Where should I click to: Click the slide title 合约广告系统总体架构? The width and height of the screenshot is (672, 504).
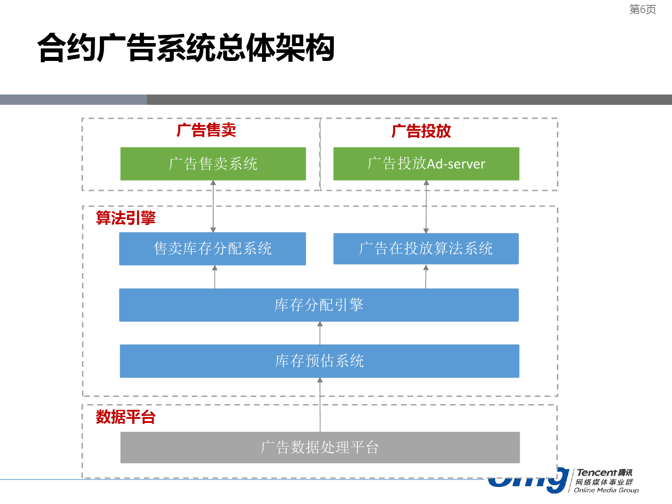186,48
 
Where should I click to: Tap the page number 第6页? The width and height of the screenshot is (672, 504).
642,9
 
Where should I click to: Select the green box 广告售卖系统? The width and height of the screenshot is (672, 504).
213,164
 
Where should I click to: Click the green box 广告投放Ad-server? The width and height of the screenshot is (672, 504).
426,164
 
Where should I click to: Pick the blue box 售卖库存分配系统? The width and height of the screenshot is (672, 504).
212,249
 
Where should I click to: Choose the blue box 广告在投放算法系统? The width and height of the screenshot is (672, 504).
426,249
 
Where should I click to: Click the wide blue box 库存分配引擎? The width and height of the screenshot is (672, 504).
319,305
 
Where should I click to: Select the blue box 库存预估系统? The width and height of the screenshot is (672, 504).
319,361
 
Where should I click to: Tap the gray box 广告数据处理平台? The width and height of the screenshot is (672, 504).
320,447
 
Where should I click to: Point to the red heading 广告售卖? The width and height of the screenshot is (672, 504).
206,130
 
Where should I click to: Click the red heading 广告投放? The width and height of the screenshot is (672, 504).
421,131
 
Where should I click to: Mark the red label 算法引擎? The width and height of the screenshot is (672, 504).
125,218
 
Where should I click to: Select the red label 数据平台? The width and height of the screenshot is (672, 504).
125,417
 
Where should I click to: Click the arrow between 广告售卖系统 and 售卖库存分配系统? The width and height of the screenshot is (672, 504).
213,206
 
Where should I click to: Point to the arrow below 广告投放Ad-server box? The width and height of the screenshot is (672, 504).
426,207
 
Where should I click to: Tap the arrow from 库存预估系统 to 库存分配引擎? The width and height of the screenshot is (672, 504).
320,333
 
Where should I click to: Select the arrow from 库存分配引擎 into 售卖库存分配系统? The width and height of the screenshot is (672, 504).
215,277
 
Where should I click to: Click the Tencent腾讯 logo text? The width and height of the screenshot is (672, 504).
604,473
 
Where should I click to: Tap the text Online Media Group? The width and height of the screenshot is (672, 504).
606,490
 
